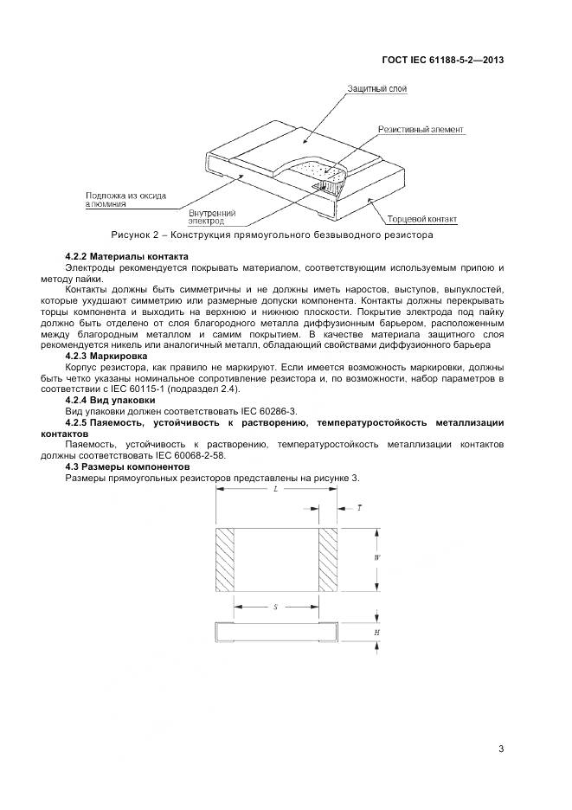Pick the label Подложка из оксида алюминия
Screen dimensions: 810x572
(126, 199)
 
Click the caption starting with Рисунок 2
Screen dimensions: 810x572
(272, 235)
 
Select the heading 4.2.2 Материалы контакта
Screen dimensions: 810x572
(126, 257)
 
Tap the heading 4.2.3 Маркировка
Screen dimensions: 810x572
(106, 356)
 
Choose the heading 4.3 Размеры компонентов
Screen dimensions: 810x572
(126, 466)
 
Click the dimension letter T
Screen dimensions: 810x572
(359, 509)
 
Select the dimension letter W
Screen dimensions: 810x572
(377, 558)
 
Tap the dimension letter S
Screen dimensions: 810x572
(274, 607)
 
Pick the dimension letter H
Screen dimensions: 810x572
(377, 632)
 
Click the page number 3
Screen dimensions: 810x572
(501, 749)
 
